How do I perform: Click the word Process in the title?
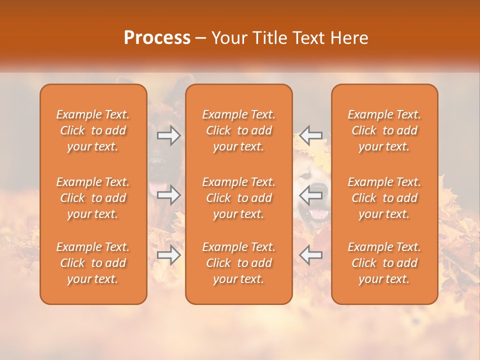pyautogui.click(x=157, y=38)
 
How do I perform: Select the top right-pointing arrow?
pyautogui.click(x=169, y=135)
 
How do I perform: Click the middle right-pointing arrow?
pyautogui.click(x=169, y=194)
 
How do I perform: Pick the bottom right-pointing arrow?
pyautogui.click(x=169, y=255)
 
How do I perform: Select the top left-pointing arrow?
pyautogui.click(x=311, y=135)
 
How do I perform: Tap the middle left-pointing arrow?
pyautogui.click(x=311, y=194)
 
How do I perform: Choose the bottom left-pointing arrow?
pyautogui.click(x=311, y=255)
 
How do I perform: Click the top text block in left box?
pyautogui.click(x=93, y=130)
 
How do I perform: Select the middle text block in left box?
pyautogui.click(x=93, y=198)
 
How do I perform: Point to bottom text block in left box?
pyautogui.click(x=93, y=263)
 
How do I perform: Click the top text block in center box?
pyautogui.click(x=239, y=130)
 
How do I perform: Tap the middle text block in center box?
pyautogui.click(x=239, y=198)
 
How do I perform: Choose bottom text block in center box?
pyautogui.click(x=239, y=263)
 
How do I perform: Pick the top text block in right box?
pyautogui.click(x=384, y=130)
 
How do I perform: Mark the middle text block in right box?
pyautogui.click(x=384, y=198)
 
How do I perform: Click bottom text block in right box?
pyautogui.click(x=384, y=263)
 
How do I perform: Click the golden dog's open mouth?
pyautogui.click(x=318, y=214)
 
